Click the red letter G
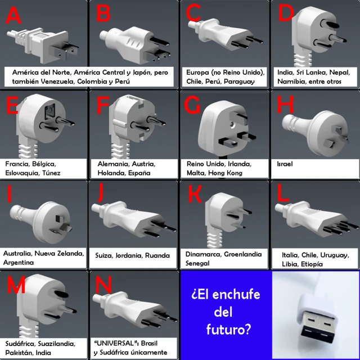pos(192,105)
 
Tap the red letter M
pos(16,285)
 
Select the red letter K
pos(195,194)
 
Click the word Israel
pos(285,164)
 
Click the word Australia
pos(18,254)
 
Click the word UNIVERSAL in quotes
pos(115,343)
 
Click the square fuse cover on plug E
pos(50,111)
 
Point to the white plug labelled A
pos(43,45)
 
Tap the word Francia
pos(17,164)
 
